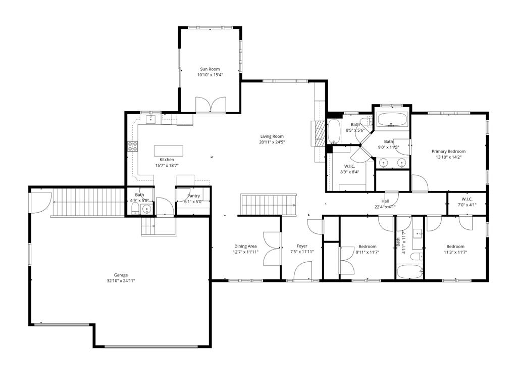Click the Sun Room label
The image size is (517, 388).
click(210, 69)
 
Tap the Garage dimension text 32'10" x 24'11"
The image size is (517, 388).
click(121, 281)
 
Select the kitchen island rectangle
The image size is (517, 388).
click(169, 151)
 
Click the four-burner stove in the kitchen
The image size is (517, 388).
click(133, 146)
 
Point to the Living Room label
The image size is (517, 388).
click(272, 136)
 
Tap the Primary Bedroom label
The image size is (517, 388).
click(449, 152)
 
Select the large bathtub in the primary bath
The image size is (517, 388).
click(392, 119)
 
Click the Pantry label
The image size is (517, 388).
click(193, 196)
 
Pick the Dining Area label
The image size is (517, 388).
click(246, 247)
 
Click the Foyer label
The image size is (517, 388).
click(302, 246)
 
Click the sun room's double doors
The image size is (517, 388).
click(211, 105)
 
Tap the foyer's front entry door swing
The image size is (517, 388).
click(303, 271)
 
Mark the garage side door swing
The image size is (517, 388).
click(41, 203)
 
